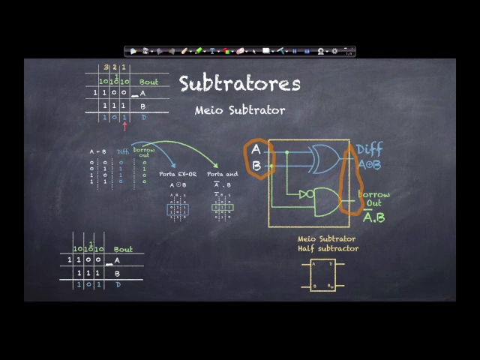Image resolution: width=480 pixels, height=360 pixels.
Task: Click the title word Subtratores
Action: [239, 83]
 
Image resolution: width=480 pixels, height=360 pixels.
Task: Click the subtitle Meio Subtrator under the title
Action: [240, 110]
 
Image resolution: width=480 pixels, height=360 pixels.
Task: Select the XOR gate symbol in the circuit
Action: [323, 158]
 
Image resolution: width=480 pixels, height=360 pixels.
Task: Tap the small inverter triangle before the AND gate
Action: [305, 195]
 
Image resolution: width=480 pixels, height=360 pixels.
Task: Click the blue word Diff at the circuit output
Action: [369, 150]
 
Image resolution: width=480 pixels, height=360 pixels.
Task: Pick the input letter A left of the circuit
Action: [256, 150]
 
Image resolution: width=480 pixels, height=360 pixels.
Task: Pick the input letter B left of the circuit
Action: [256, 166]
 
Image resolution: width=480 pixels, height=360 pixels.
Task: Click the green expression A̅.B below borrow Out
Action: [373, 217]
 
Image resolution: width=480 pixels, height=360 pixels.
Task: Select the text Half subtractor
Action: [328, 248]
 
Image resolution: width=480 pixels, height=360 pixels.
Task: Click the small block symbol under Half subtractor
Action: [323, 274]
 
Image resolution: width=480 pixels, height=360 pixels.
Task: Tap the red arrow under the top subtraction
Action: [124, 125]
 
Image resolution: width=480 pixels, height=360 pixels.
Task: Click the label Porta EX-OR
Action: [178, 174]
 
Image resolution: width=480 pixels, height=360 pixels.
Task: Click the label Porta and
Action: [222, 174]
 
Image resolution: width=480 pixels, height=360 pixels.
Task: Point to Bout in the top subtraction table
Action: [148, 82]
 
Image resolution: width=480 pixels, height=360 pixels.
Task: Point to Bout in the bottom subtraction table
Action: [123, 249]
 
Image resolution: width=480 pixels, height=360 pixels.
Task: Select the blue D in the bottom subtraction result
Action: [117, 285]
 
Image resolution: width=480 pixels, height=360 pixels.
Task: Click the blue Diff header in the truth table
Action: [122, 151]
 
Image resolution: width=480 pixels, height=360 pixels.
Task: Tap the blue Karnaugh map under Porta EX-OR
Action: [178, 206]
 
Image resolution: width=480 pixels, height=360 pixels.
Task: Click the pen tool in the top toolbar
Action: [184, 51]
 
